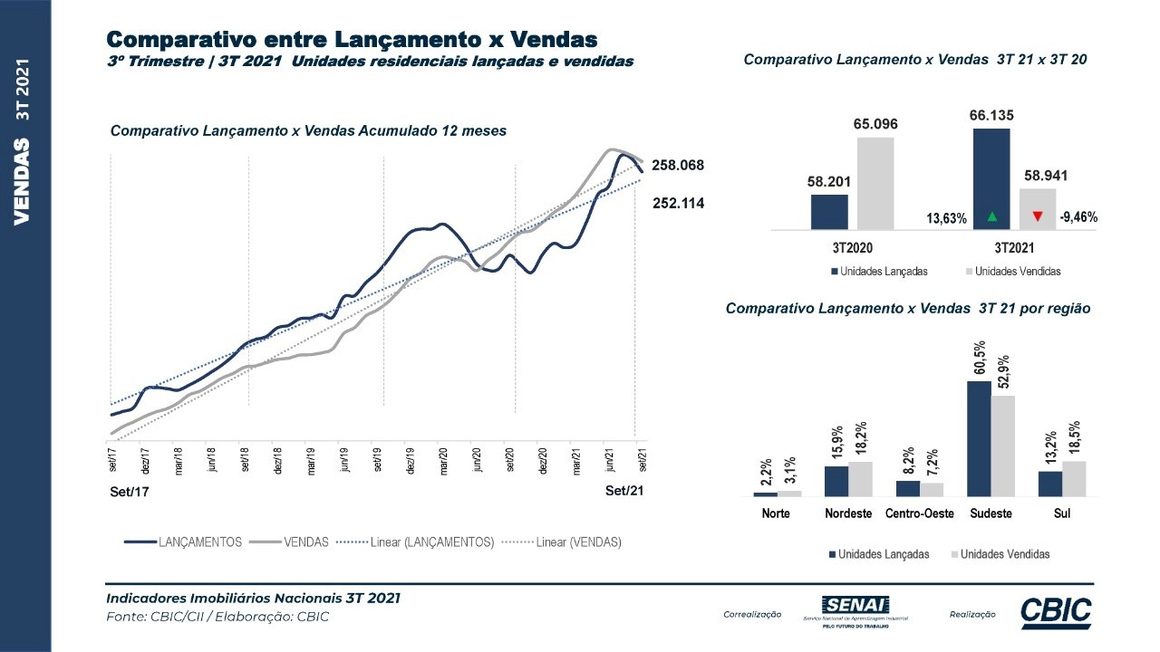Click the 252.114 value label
coord(679,204)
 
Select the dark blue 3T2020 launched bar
coord(829,212)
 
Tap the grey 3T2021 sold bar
coord(1037,209)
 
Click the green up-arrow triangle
coord(991,216)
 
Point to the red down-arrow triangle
coord(1037,216)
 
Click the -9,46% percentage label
coord(1078,217)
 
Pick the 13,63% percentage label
coord(946,218)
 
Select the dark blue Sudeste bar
coord(979,438)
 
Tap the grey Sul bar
coord(1073,478)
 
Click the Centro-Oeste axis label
coord(920,513)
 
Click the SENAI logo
coord(855,611)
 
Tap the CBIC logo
coord(1056,613)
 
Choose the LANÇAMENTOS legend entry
coord(184,542)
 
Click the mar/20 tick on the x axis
coord(444,462)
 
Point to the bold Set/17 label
coord(129,492)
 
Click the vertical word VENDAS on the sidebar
coord(24,181)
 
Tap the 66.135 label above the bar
coord(991,115)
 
